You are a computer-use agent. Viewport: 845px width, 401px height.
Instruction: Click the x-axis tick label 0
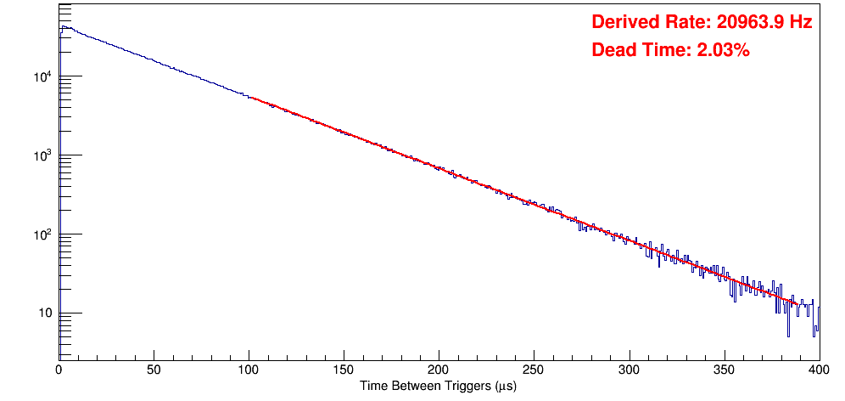click(59, 370)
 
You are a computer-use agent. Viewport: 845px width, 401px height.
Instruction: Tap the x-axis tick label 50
click(154, 370)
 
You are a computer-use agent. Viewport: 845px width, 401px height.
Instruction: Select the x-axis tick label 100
click(249, 370)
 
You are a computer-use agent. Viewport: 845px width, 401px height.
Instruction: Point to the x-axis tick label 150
click(344, 370)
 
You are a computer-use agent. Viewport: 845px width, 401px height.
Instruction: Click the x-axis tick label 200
click(439, 370)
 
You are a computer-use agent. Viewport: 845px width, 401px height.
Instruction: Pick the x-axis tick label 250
click(534, 370)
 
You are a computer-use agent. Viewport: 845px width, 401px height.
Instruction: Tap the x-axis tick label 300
click(629, 370)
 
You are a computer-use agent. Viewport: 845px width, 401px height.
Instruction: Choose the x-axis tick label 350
click(724, 370)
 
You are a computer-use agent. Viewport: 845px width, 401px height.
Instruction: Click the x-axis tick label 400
click(818, 370)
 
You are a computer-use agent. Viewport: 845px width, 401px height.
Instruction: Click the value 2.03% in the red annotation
click(723, 51)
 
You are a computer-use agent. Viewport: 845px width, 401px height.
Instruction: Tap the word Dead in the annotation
click(612, 51)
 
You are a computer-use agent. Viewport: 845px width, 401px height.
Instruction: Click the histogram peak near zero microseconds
click(62, 27)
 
